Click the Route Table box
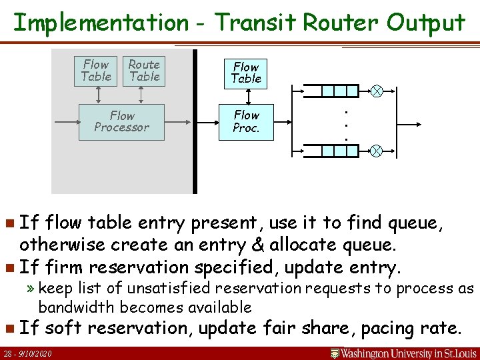[144, 71]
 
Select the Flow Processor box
[121, 121]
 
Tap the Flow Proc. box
[246, 121]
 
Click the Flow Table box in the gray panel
[96, 71]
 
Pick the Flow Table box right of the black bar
[246, 72]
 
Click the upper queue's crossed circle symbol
[376, 92]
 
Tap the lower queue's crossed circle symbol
[376, 151]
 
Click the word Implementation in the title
[101, 23]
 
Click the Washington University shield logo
[335, 353]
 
